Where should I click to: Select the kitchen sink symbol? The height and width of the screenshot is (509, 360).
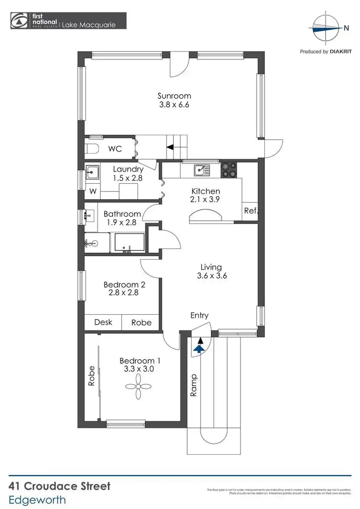click(x=201, y=170)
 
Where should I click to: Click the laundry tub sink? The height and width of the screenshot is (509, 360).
click(x=92, y=171)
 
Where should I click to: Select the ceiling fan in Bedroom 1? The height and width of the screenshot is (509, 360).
click(x=137, y=386)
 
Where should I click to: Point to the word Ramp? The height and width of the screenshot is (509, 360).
click(x=194, y=385)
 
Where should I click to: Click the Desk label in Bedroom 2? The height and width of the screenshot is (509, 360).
click(x=103, y=322)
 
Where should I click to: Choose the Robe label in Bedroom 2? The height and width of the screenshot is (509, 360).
click(x=141, y=322)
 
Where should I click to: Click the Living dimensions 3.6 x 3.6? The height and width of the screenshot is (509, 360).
click(x=211, y=276)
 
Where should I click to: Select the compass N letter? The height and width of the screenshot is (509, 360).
click(x=347, y=28)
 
